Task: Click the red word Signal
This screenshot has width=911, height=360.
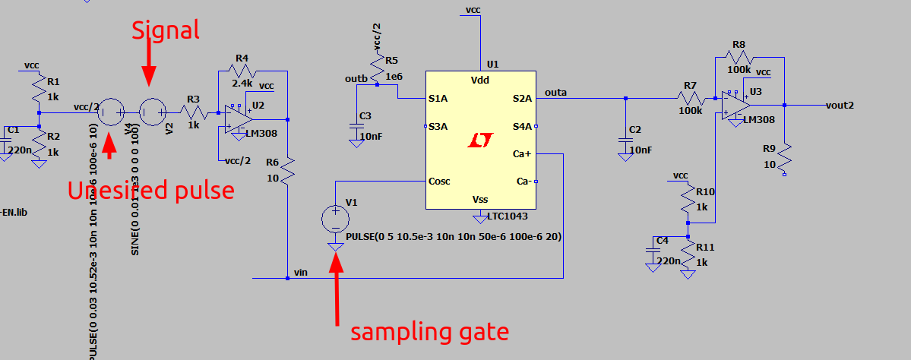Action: (x=166, y=30)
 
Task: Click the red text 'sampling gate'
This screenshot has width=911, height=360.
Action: (x=429, y=331)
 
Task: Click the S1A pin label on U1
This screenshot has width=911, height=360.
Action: (x=438, y=98)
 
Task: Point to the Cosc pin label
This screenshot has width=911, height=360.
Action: (x=440, y=182)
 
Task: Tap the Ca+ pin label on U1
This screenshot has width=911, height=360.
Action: (x=522, y=154)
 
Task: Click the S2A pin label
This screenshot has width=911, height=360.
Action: (x=522, y=98)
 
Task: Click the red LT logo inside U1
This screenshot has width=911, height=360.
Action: (x=480, y=141)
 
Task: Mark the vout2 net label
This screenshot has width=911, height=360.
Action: (x=839, y=105)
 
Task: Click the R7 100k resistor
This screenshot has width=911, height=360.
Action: (x=691, y=98)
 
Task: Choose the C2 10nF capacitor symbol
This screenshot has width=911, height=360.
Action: (x=625, y=141)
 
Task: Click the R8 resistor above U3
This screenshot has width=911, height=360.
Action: (x=739, y=58)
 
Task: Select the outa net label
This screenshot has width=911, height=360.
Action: (x=556, y=93)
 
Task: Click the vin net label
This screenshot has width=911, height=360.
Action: (x=301, y=272)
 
